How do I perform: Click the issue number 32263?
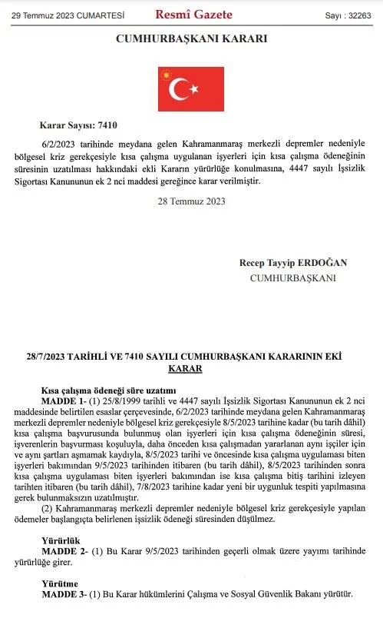tap(358, 14)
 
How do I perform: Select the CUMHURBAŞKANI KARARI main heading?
tap(191, 39)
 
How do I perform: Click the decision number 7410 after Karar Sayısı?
tap(108, 125)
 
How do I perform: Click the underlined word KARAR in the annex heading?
tap(184, 369)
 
